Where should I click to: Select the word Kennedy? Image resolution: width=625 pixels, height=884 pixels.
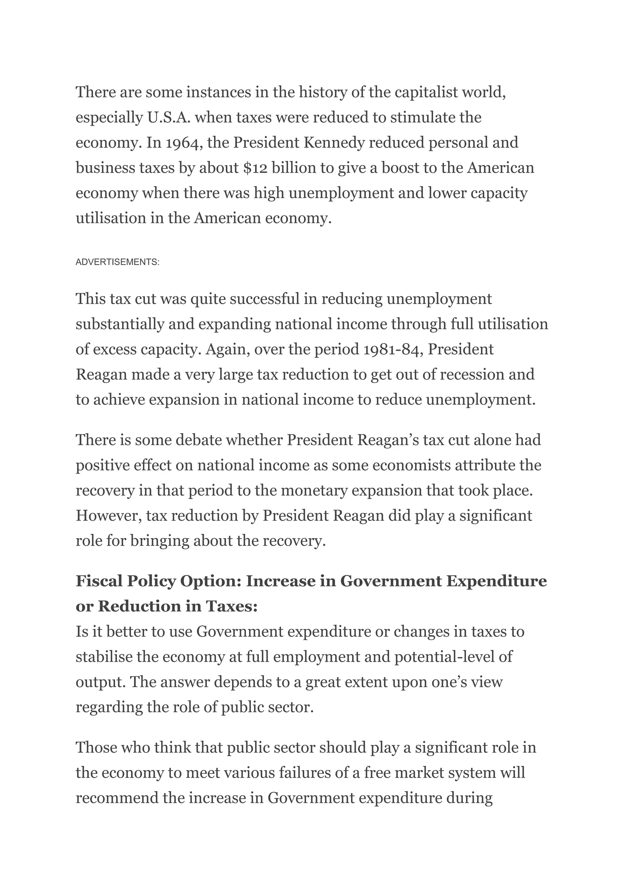pos(334,143)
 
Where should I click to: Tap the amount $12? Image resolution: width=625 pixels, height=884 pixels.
pos(255,168)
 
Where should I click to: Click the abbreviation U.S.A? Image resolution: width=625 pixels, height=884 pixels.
pos(169,118)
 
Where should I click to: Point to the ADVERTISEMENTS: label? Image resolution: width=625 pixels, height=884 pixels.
pos(117,262)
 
